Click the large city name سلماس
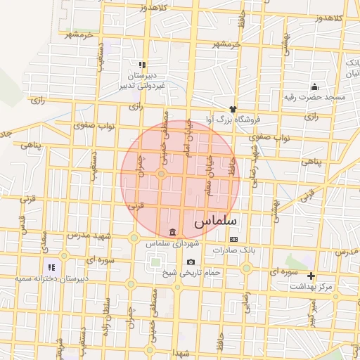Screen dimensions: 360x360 (216, 221)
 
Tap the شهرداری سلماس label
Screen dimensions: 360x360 (173, 244)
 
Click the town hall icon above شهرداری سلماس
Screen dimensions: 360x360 (173, 233)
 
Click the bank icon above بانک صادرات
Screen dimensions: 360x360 (233, 240)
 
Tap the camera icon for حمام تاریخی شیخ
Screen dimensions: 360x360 (191, 262)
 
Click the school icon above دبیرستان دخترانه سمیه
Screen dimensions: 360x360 (51, 268)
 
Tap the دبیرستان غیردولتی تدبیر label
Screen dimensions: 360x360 (146, 79)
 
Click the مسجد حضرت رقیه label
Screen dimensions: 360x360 (315, 97)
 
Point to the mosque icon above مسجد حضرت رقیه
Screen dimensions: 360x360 (314, 87)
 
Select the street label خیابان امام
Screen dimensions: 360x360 (186, 139)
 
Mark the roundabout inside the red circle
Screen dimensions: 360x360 (161, 173)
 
